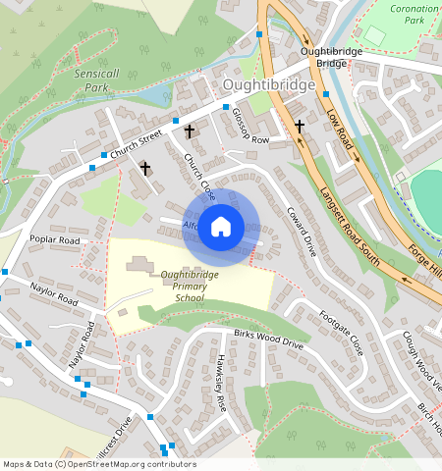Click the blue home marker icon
[x=221, y=228]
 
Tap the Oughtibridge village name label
[x=269, y=85]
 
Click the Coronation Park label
[x=414, y=14]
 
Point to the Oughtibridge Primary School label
[x=184, y=286]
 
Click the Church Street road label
[x=135, y=145]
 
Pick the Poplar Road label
[x=54, y=239]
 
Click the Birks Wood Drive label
[x=268, y=340]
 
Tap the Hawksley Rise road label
[x=221, y=383]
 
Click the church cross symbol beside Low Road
[x=300, y=126]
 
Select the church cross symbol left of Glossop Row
[x=190, y=130]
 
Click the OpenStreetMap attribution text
[x=99, y=464]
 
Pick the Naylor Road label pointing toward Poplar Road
[x=53, y=294]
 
